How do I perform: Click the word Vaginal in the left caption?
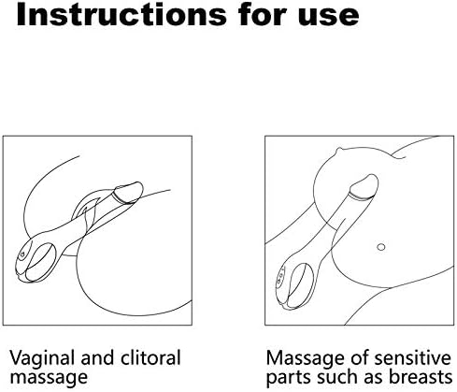pyautogui.click(x=42, y=358)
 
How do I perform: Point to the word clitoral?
pyautogui.click(x=150, y=357)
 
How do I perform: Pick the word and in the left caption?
pyautogui.click(x=97, y=357)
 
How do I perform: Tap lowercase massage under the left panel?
pyautogui.click(x=49, y=378)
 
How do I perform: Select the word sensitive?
pyautogui.click(x=412, y=358)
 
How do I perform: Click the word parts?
pyautogui.click(x=289, y=378)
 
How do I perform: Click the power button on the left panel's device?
pyautogui.click(x=22, y=254)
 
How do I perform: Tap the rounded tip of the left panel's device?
pyautogui.click(x=130, y=192)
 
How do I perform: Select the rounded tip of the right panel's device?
pyautogui.click(x=364, y=186)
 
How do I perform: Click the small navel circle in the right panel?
pyautogui.click(x=381, y=247)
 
